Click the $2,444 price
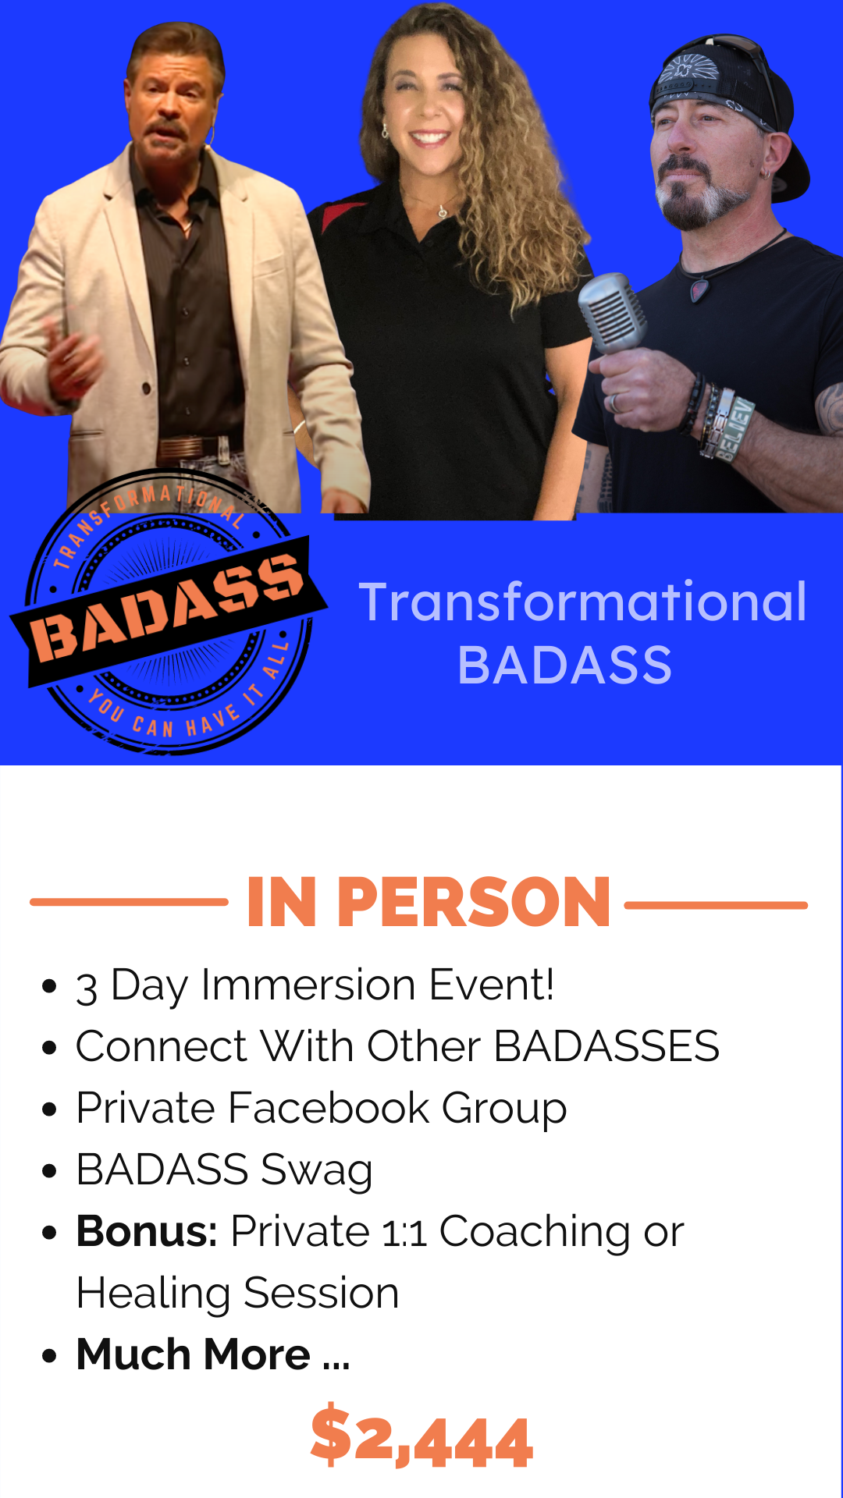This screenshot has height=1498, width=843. point(421,1438)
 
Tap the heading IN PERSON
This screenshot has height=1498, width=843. point(428,902)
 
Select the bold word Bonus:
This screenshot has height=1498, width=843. point(147,1231)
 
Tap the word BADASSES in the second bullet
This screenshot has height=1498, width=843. point(606,1045)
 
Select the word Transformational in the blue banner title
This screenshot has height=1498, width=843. point(582,602)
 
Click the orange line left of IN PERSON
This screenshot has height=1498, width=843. point(129,902)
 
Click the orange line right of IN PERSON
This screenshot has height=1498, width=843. point(716,905)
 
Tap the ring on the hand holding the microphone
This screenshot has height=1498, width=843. point(616,403)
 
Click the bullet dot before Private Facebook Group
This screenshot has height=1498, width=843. point(50,1109)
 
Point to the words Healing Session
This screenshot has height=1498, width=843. point(238,1293)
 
